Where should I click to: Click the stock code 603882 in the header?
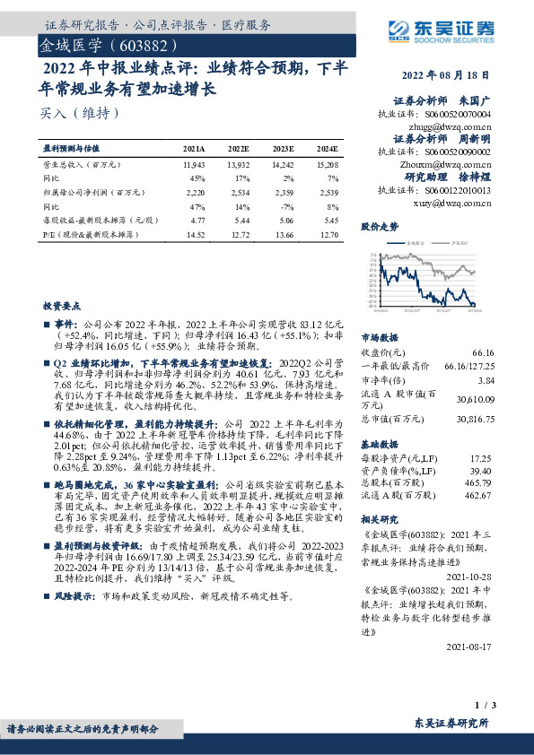click(137, 44)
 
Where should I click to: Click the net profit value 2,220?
click(194, 192)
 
